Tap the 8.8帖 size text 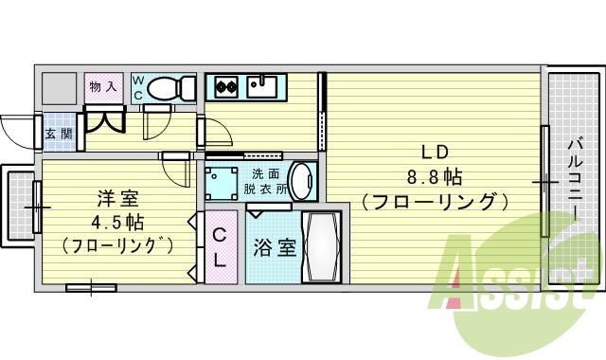[434, 176]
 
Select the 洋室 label [118, 199]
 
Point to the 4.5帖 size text [118, 223]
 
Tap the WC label [138, 87]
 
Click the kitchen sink [263, 87]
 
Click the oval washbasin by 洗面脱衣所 [301, 180]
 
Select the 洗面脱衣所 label [265, 181]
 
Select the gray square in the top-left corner [59, 87]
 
